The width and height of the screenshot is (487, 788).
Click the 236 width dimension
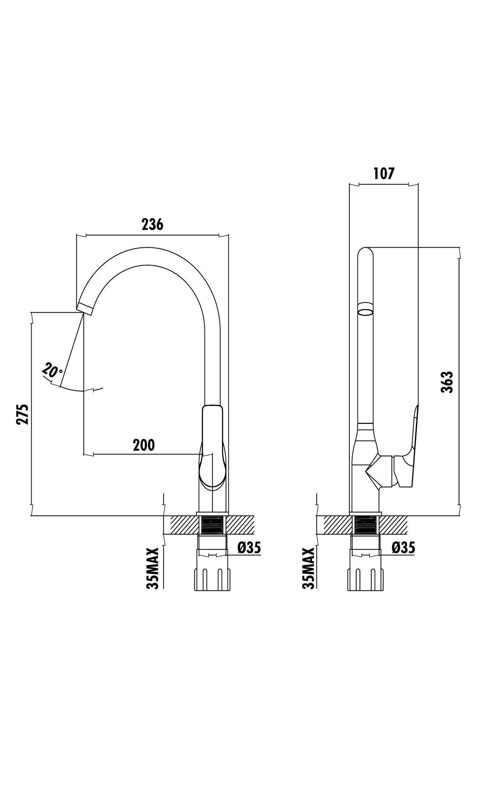click(x=152, y=225)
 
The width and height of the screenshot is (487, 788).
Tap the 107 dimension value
click(x=384, y=174)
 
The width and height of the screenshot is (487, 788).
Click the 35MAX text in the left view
click(x=152, y=568)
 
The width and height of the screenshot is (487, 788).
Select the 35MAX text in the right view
click(x=308, y=568)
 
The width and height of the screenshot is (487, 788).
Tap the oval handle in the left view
click(x=212, y=449)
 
